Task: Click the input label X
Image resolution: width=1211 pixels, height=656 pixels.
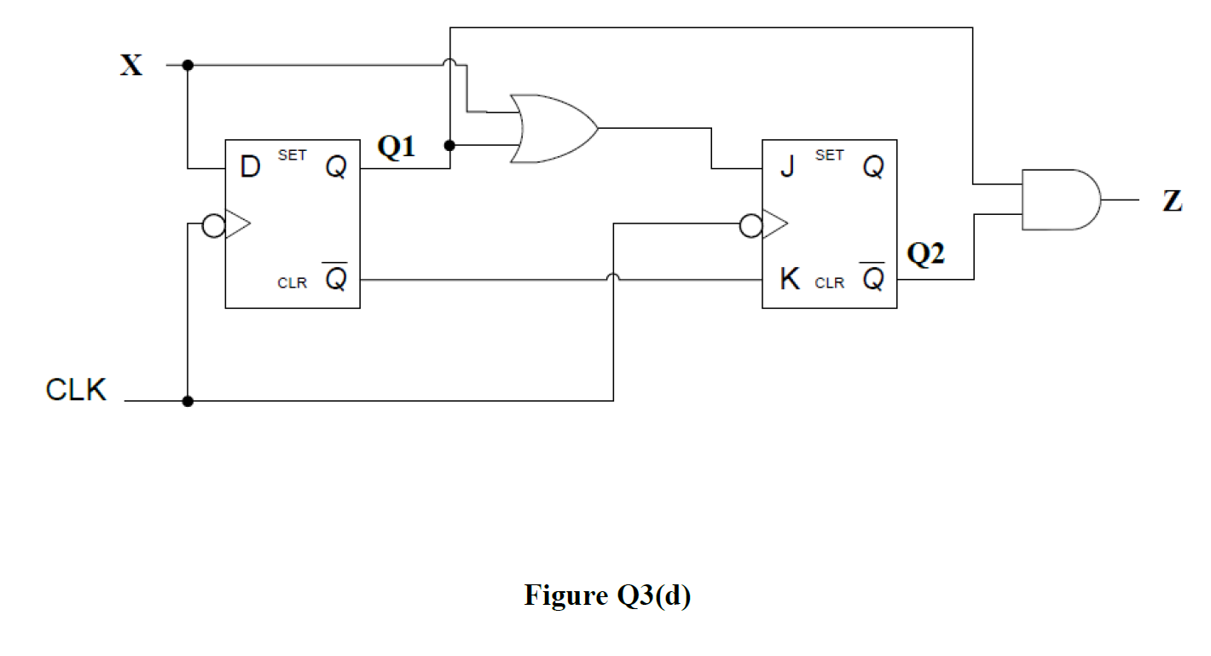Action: (x=131, y=66)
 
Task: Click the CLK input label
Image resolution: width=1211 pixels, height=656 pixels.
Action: (x=76, y=390)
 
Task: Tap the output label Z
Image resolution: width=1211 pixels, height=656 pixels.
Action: (x=1173, y=201)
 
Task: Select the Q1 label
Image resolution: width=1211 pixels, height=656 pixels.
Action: (x=397, y=148)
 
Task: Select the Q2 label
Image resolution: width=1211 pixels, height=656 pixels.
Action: (x=925, y=253)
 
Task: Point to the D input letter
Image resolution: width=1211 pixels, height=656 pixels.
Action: (x=249, y=168)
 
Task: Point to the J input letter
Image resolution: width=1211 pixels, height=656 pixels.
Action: (x=787, y=168)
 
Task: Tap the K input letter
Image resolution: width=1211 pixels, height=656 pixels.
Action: (x=790, y=280)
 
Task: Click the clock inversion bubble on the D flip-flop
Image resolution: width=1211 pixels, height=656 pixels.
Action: (x=212, y=225)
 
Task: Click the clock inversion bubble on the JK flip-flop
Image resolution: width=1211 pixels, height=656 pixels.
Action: (x=750, y=225)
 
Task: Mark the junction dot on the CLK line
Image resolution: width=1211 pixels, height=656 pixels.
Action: (x=188, y=401)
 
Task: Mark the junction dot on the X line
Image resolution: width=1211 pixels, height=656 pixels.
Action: (x=188, y=65)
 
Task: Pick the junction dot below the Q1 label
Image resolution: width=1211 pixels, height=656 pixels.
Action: (x=449, y=146)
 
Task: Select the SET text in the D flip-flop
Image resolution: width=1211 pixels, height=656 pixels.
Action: (x=292, y=155)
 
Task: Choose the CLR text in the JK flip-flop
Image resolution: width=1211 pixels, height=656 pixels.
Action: (x=829, y=283)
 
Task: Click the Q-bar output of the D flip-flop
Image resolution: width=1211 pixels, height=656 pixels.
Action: (x=336, y=278)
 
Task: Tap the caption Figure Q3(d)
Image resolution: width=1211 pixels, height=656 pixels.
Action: (x=607, y=595)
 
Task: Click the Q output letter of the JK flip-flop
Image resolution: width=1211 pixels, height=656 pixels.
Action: (x=872, y=168)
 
